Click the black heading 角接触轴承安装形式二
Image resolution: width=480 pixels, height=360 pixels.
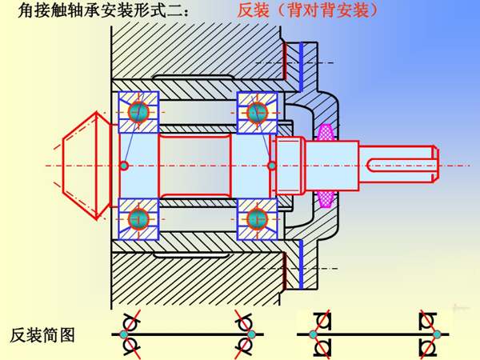[105, 11]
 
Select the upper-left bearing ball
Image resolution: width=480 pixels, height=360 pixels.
[139, 111]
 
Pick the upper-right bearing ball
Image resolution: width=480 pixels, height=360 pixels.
[257, 111]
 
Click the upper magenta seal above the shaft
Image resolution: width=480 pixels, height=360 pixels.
[326, 131]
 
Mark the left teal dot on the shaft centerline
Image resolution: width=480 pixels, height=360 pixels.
[124, 166]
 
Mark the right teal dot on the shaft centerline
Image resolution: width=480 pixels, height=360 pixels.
[272, 166]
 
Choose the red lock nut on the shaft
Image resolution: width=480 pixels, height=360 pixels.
[288, 166]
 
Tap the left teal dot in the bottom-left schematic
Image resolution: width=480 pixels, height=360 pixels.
[124, 334]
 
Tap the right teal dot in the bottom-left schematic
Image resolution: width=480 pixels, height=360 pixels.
[250, 334]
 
